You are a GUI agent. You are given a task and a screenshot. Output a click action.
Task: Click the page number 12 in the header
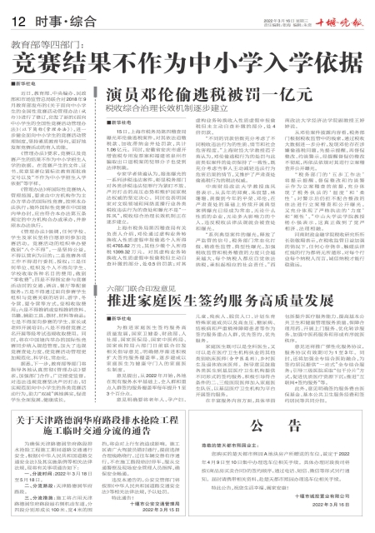(x=17, y=19)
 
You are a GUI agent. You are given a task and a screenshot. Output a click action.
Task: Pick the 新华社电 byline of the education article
(x=25, y=84)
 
